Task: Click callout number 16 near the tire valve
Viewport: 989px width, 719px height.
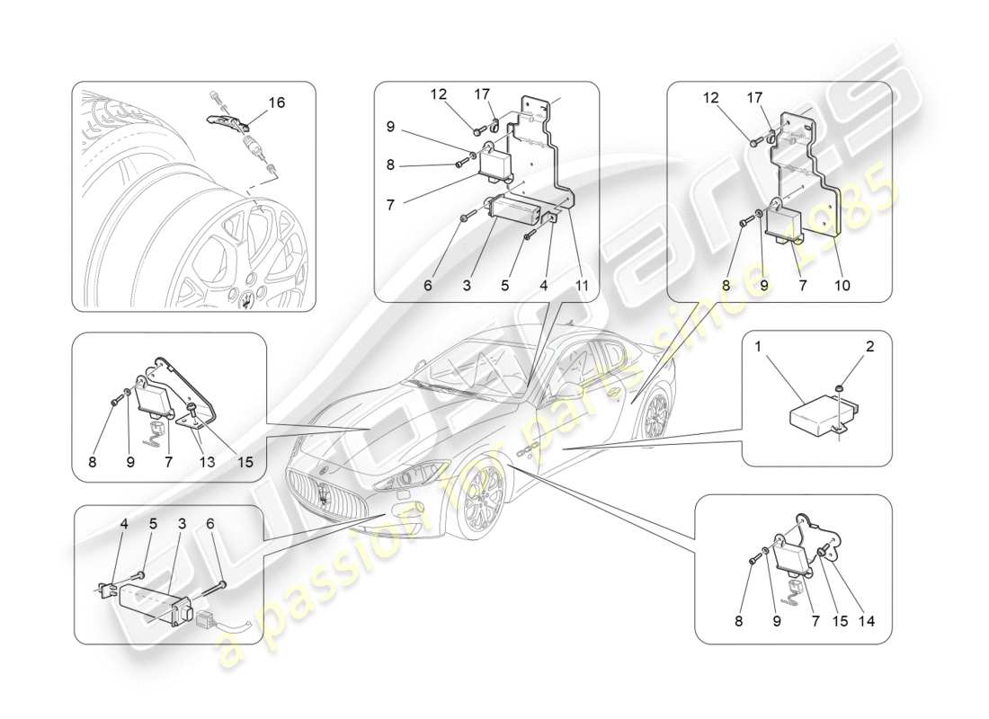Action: (x=277, y=102)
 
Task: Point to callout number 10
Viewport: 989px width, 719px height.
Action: (x=843, y=286)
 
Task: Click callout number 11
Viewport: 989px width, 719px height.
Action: (x=583, y=286)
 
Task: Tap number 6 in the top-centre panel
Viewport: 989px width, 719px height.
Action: (x=429, y=286)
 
